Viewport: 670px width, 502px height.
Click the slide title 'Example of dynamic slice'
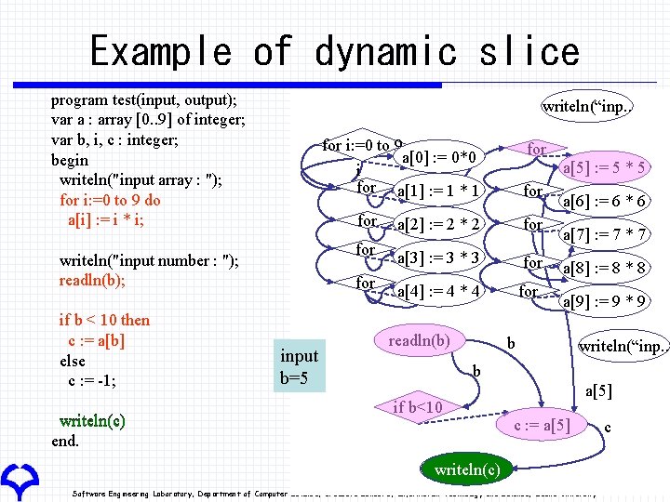click(x=334, y=50)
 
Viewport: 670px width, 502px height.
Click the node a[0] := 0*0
click(x=436, y=156)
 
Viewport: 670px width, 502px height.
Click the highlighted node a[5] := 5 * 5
click(x=605, y=167)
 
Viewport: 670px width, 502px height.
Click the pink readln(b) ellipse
click(x=419, y=341)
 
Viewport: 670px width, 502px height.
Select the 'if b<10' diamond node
click(x=418, y=407)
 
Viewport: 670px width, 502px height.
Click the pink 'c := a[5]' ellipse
click(x=543, y=425)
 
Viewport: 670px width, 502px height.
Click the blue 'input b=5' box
click(x=300, y=366)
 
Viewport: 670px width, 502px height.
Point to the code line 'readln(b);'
click(x=92, y=281)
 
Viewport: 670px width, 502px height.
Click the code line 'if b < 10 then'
click(x=104, y=320)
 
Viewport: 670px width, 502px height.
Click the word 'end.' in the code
click(x=65, y=441)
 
